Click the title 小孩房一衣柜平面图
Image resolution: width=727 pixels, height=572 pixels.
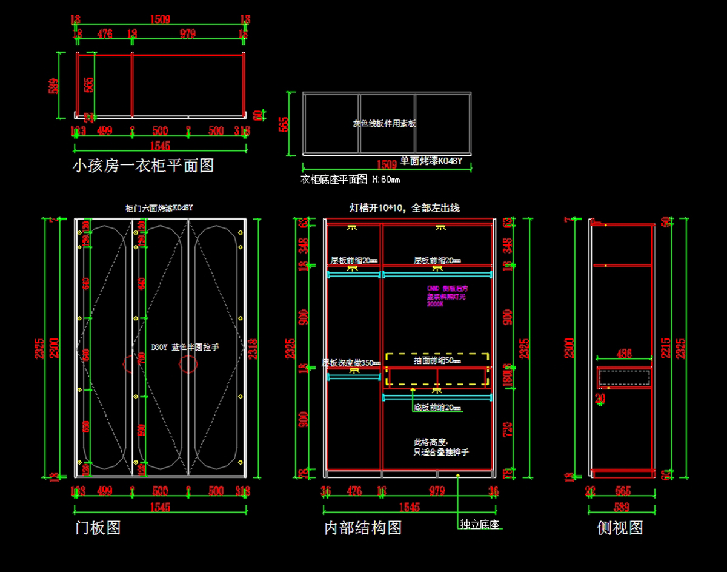[143, 165]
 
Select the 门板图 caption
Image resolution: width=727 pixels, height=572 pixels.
[98, 527]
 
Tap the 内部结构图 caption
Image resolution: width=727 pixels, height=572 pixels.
[363, 527]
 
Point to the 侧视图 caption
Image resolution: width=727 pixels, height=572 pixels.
[620, 527]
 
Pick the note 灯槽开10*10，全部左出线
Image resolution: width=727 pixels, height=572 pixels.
[404, 207]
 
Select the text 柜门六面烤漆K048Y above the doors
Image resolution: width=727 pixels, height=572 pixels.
[159, 207]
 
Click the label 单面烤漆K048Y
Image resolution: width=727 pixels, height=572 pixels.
[431, 161]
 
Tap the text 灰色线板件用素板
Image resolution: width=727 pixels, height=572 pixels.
[384, 123]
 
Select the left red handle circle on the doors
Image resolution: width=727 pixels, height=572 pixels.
[131, 363]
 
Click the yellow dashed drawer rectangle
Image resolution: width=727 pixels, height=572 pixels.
[437, 369]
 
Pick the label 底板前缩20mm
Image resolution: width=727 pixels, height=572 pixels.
[437, 408]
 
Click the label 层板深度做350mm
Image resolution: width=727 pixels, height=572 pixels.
[351, 363]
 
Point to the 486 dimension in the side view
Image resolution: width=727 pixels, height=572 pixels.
[623, 353]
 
